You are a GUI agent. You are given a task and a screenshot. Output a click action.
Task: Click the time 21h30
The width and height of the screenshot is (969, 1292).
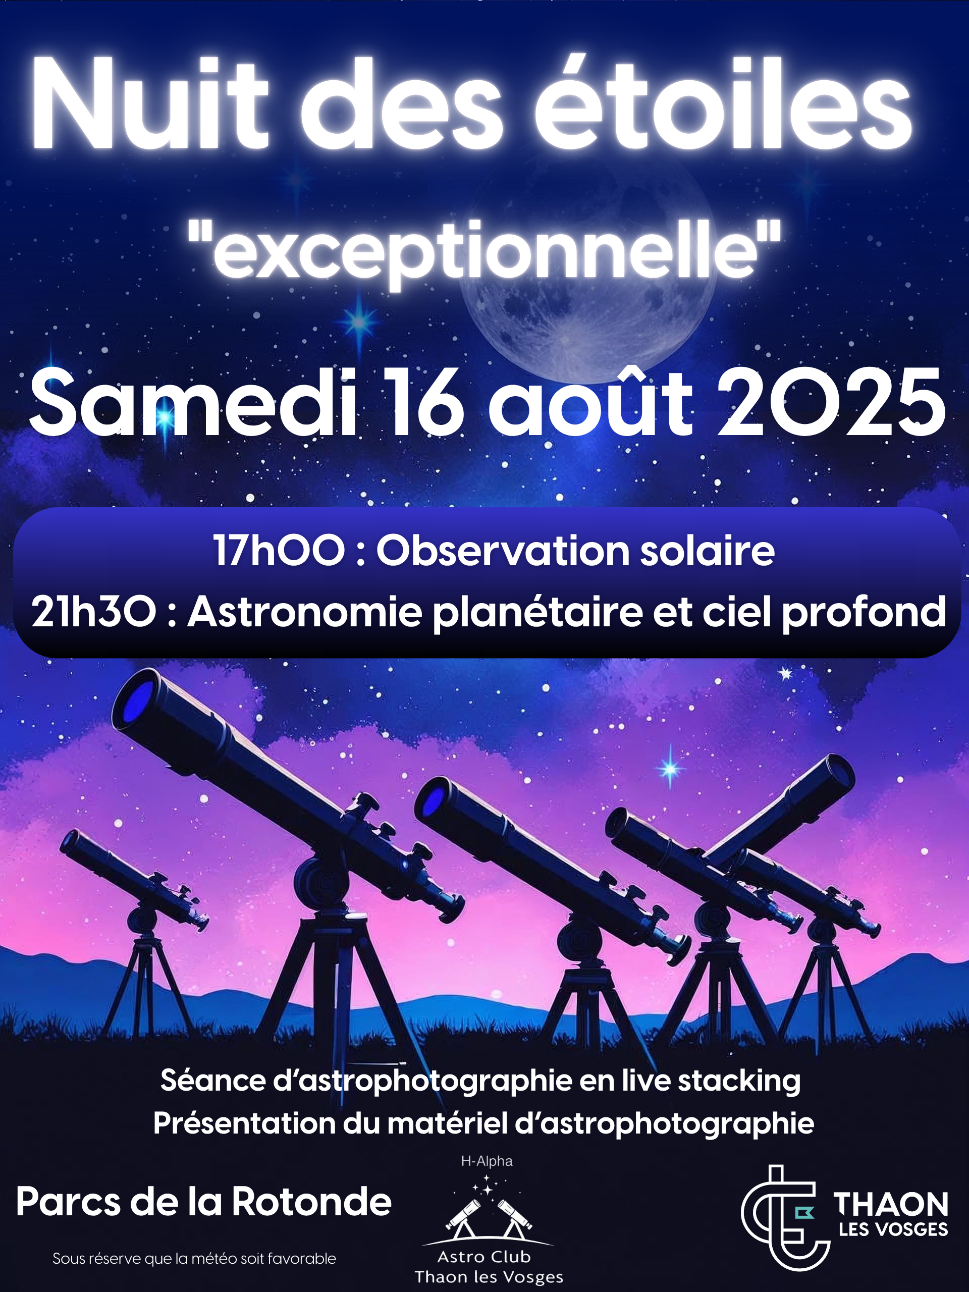(x=94, y=612)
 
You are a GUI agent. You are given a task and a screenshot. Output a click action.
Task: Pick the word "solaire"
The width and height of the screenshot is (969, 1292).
(x=707, y=550)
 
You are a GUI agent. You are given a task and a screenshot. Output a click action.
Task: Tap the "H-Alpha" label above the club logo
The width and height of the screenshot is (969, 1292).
(x=487, y=1161)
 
